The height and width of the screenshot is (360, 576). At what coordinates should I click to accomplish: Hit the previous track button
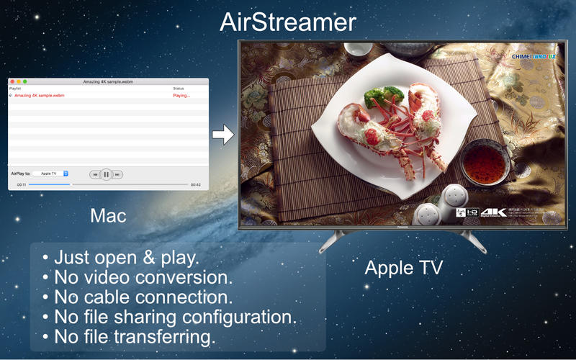pyautogui.click(x=94, y=174)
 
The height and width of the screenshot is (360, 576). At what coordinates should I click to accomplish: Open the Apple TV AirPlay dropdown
pyautogui.click(x=50, y=174)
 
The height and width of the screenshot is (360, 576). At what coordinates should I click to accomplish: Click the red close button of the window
pyautogui.click(x=12, y=81)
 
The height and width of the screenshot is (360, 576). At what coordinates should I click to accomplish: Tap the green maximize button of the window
pyautogui.click(x=25, y=81)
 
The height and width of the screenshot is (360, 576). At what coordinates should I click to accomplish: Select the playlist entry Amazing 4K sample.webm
pyautogui.click(x=38, y=95)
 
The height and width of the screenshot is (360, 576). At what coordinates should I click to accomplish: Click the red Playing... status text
pyautogui.click(x=181, y=95)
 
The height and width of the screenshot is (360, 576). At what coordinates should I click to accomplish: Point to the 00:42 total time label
pyautogui.click(x=196, y=185)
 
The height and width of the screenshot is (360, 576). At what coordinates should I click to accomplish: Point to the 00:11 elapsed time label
pyautogui.click(x=22, y=185)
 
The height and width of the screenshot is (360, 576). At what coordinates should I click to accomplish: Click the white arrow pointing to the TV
pyautogui.click(x=224, y=135)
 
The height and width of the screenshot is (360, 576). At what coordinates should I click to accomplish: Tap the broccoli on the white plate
pyautogui.click(x=381, y=96)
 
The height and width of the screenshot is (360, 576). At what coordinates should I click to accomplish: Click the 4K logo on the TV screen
pyautogui.click(x=494, y=212)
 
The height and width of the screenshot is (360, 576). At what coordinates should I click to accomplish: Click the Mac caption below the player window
pyautogui.click(x=109, y=215)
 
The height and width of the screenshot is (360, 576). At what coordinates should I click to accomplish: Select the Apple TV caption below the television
pyautogui.click(x=403, y=268)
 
